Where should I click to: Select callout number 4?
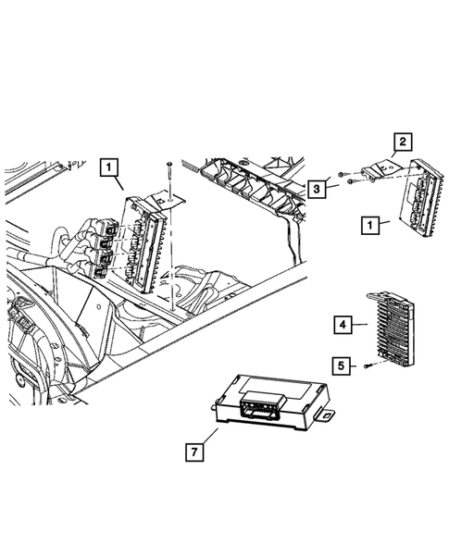(342, 325)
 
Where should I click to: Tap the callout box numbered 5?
(342, 366)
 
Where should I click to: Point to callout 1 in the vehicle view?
(110, 168)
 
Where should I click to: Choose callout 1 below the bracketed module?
(369, 224)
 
